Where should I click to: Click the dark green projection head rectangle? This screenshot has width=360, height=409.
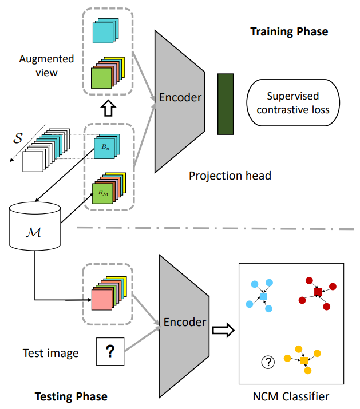point(226,104)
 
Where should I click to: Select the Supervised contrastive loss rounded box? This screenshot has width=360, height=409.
point(293,103)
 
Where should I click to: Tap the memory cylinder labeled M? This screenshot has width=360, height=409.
point(35,226)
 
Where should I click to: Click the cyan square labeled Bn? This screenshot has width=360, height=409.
point(104,148)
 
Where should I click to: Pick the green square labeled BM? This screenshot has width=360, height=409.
point(102,194)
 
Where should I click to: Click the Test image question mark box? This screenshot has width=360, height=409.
point(110,351)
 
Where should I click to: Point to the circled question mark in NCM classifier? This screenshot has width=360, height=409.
point(268,362)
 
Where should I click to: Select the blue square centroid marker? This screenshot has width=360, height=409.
point(263,296)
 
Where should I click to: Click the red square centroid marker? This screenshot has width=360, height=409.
point(318,292)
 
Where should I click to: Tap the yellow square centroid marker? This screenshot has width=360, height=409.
point(304,361)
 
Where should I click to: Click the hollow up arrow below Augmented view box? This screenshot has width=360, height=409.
point(108,108)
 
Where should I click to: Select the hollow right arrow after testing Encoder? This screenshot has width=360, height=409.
point(223,331)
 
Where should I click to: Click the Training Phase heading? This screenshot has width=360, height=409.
point(289,32)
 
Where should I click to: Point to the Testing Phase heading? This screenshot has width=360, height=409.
point(72,396)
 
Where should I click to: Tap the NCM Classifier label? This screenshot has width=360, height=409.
point(291,396)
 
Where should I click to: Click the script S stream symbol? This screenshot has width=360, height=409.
point(18,138)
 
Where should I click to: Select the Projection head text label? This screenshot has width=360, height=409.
point(230,176)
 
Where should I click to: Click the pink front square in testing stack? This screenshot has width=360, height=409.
point(102,300)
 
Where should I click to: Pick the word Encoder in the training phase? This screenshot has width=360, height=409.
point(180,98)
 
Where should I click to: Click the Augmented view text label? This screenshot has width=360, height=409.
point(46,66)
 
